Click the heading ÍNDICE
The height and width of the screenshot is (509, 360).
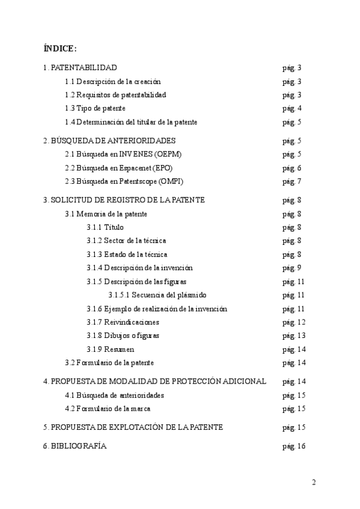tap(60, 48)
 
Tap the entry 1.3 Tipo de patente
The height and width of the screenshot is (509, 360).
tap(95, 109)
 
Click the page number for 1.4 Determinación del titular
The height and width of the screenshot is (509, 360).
tap(292, 122)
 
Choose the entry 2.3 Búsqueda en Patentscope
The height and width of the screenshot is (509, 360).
tap(124, 181)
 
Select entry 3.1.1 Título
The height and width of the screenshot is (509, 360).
tap(106, 227)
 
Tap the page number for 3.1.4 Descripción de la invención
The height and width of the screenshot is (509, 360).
tap(292, 268)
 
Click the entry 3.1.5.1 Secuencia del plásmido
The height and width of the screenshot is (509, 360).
tap(157, 295)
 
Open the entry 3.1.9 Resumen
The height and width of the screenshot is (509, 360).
tap(110, 349)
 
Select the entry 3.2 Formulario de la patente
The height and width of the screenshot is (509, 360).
tap(109, 363)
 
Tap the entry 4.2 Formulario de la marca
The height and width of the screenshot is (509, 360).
tap(107, 409)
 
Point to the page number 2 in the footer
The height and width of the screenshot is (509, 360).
tap(313, 482)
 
